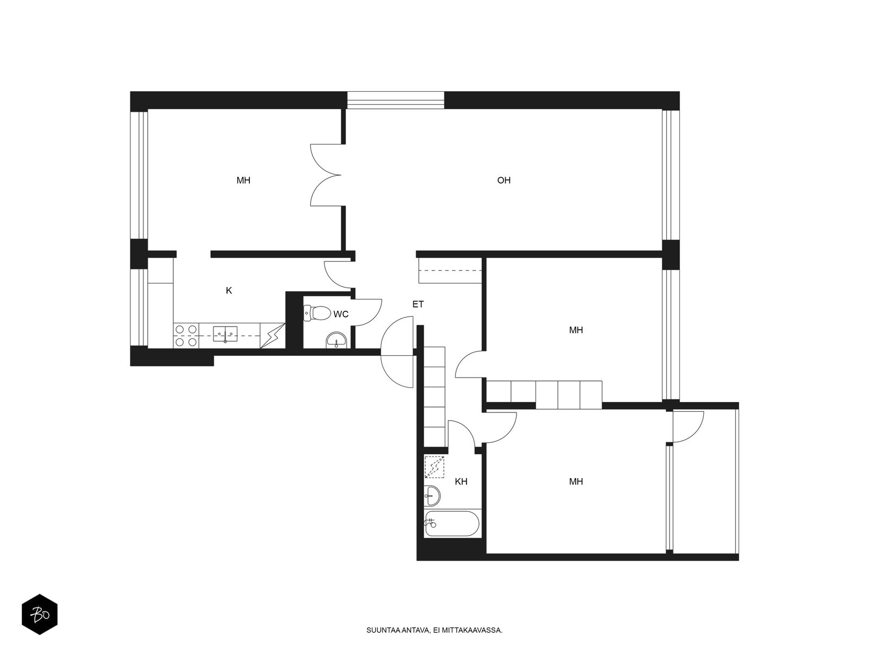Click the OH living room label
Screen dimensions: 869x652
click(503, 180)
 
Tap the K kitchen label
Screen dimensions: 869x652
click(229, 291)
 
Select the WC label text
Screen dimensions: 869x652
click(341, 315)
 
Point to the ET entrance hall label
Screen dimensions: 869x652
click(418, 304)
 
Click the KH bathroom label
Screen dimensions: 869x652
click(461, 481)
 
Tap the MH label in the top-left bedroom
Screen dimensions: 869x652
click(243, 180)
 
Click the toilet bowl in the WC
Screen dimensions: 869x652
click(317, 313)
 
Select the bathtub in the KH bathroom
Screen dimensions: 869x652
click(452, 523)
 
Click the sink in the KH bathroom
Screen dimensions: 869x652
click(432, 495)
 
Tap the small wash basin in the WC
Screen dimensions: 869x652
click(336, 341)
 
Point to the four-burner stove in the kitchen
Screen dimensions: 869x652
click(186, 335)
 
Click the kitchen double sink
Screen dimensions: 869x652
click(225, 334)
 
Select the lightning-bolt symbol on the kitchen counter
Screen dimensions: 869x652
click(273, 336)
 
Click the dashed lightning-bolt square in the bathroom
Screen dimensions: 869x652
click(434, 467)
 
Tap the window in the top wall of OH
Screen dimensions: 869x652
click(395, 100)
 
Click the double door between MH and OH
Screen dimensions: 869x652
click(326, 175)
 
